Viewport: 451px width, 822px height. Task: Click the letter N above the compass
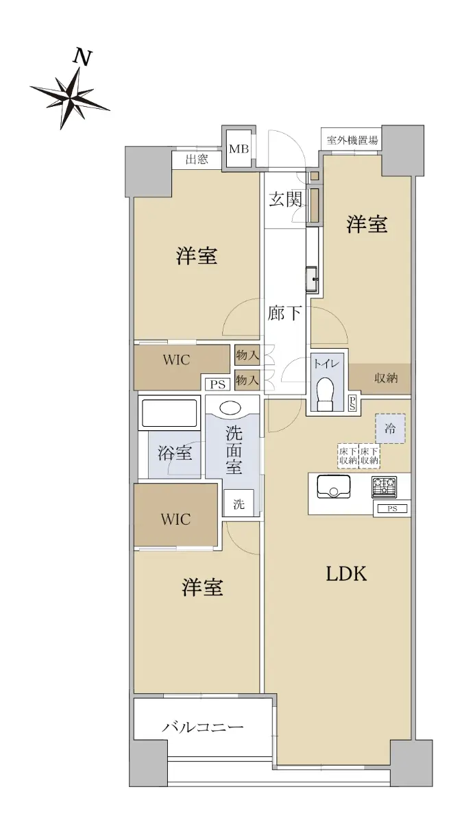(x=83, y=58)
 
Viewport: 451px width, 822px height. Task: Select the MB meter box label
(x=239, y=149)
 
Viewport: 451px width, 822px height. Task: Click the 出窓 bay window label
(x=197, y=159)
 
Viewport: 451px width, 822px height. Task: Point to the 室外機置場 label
(x=352, y=140)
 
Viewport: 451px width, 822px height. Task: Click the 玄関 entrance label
(x=285, y=199)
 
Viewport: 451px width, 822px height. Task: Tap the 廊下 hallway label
(x=284, y=313)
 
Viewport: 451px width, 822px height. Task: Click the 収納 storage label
(x=386, y=377)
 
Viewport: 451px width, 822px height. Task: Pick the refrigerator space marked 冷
(x=391, y=428)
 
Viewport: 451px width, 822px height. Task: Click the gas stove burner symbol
(x=384, y=487)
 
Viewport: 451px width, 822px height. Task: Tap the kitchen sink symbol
(x=333, y=487)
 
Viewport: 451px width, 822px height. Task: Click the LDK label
(x=346, y=574)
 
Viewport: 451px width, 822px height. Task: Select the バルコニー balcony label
(x=203, y=727)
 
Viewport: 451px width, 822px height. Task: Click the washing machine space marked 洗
(x=239, y=504)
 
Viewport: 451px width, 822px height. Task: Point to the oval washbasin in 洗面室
(x=230, y=408)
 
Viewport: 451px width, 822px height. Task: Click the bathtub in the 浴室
(x=169, y=413)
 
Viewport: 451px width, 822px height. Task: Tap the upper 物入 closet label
(x=247, y=355)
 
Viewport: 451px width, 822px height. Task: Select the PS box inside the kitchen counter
(x=392, y=508)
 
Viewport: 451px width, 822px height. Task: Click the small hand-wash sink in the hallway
(x=314, y=279)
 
